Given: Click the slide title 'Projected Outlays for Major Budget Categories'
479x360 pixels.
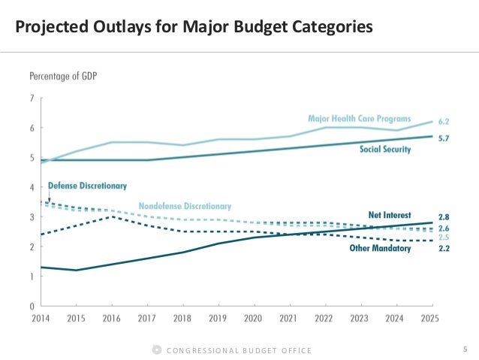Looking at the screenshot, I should point(194,28).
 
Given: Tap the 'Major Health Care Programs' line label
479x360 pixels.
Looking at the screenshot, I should point(359,119).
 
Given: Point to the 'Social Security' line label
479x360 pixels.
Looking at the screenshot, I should point(384,150).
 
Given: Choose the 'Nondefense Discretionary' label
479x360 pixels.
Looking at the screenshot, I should point(185,206).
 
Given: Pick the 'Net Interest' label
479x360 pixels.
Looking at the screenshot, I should point(390,215).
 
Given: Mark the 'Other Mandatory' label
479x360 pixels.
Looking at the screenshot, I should point(381,248).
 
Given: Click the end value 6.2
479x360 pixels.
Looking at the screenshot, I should point(444,121).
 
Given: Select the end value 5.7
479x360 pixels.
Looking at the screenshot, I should point(444,138).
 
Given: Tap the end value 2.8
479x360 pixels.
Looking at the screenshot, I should point(444,216).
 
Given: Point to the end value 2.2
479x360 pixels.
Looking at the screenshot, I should point(444,248).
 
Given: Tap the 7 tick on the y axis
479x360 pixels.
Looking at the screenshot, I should point(32,98).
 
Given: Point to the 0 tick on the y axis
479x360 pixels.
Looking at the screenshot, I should point(32,306).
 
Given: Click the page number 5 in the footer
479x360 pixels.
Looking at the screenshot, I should point(465,349).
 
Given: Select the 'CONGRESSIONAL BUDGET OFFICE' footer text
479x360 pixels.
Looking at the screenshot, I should point(238,351).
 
